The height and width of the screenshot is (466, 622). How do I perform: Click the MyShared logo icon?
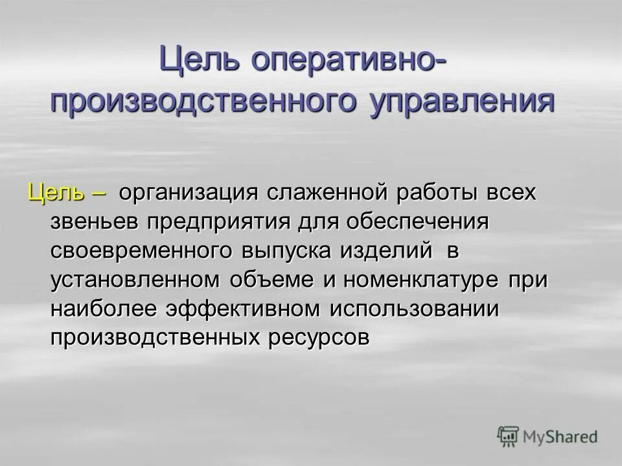(x=509, y=437)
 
